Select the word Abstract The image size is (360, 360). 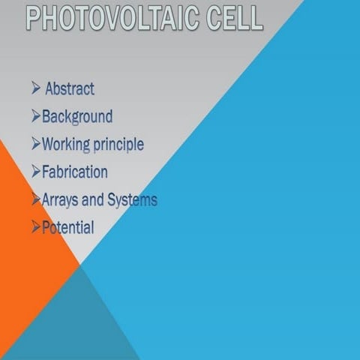click(x=70, y=88)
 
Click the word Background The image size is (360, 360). click(x=77, y=116)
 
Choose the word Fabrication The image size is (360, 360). click(x=75, y=172)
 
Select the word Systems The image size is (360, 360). click(x=132, y=199)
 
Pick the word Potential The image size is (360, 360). click(x=68, y=227)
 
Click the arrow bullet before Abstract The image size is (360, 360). click(x=36, y=88)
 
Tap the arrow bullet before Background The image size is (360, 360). click(x=36, y=116)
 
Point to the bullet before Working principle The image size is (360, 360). click(x=36, y=144)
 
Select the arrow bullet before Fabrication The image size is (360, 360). click(x=36, y=172)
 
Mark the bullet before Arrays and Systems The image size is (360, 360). click(x=36, y=199)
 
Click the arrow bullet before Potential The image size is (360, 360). click(x=36, y=227)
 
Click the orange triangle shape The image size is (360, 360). click(x=26, y=247)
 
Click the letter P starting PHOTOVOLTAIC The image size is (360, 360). click(x=34, y=18)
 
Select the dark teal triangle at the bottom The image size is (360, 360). click(x=79, y=322)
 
